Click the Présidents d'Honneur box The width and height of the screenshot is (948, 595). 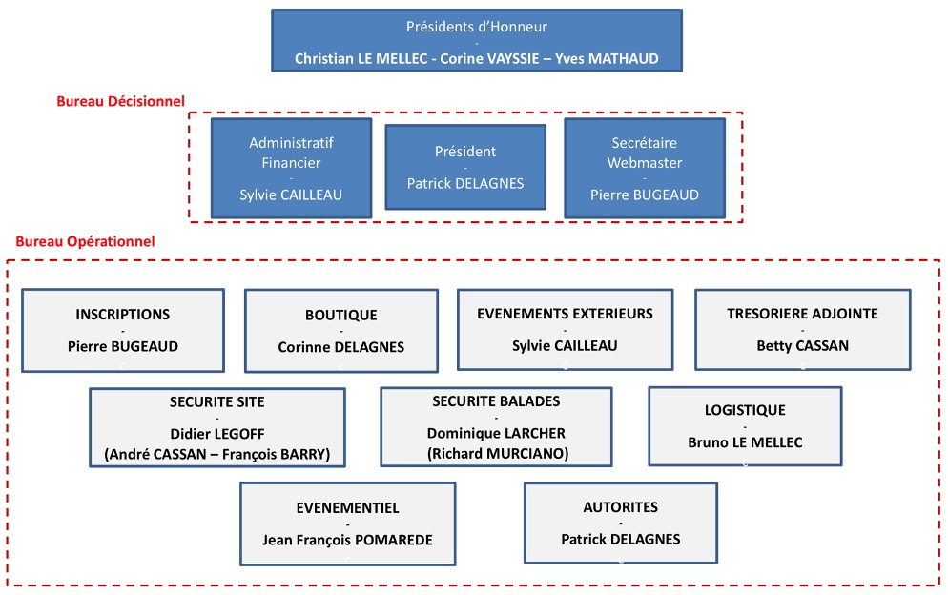click(476, 43)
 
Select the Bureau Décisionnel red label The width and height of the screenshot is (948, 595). click(120, 101)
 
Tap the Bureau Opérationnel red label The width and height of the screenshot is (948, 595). click(85, 242)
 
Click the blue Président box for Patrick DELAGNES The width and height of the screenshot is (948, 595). click(465, 167)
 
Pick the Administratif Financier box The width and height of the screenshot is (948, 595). click(291, 169)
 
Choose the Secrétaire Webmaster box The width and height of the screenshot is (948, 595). click(644, 169)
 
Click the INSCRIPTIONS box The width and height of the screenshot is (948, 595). click(122, 330)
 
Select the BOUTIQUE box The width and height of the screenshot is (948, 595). click(340, 331)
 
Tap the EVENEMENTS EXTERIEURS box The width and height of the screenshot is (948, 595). click(565, 329)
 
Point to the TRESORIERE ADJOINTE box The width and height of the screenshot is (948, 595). click(801, 329)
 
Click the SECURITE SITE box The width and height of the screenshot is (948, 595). click(216, 427)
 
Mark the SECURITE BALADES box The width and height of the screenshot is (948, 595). click(496, 427)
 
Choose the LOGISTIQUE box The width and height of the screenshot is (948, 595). click(745, 425)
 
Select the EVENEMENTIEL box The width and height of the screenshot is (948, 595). click(347, 523)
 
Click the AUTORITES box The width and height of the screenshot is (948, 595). click(620, 523)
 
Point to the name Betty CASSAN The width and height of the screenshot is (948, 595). click(801, 346)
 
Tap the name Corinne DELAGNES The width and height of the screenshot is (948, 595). click(340, 348)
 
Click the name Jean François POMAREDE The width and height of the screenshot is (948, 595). click(347, 540)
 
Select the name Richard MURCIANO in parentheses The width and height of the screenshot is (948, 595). click(497, 453)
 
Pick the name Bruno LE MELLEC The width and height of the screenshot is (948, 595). click(745, 442)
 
